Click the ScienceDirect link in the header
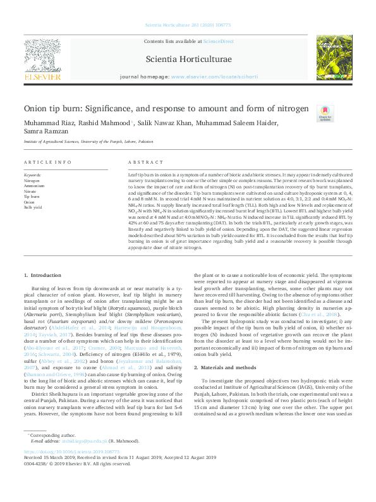point(218,42)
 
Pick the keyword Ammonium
point(34,187)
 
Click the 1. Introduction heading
point(42,276)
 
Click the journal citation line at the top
point(188,25)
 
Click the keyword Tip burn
point(31,197)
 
